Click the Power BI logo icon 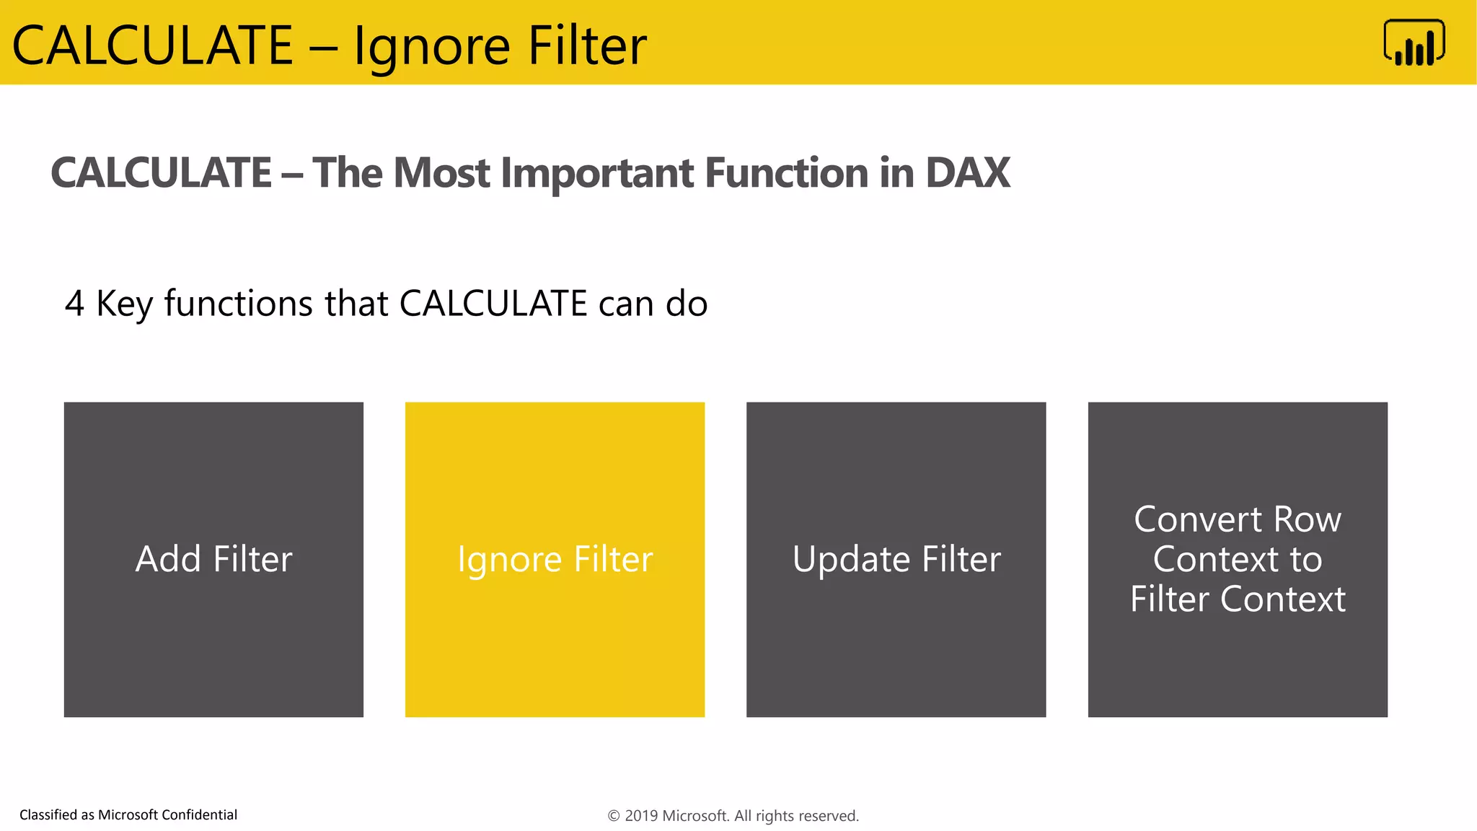[x=1414, y=43]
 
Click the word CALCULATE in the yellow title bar [x=153, y=46]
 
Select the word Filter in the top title [x=587, y=46]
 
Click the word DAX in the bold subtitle [x=967, y=173]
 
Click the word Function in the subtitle [x=786, y=173]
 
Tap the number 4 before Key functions [x=74, y=304]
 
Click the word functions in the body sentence [x=238, y=303]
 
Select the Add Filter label [x=213, y=559]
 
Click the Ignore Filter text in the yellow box [x=555, y=560]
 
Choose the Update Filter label [x=896, y=560]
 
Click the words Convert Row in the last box [x=1237, y=519]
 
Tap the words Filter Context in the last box [x=1237, y=599]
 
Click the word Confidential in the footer [x=199, y=815]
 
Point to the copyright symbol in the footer [x=614, y=816]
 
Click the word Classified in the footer [x=48, y=815]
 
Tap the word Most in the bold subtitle [x=441, y=173]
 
